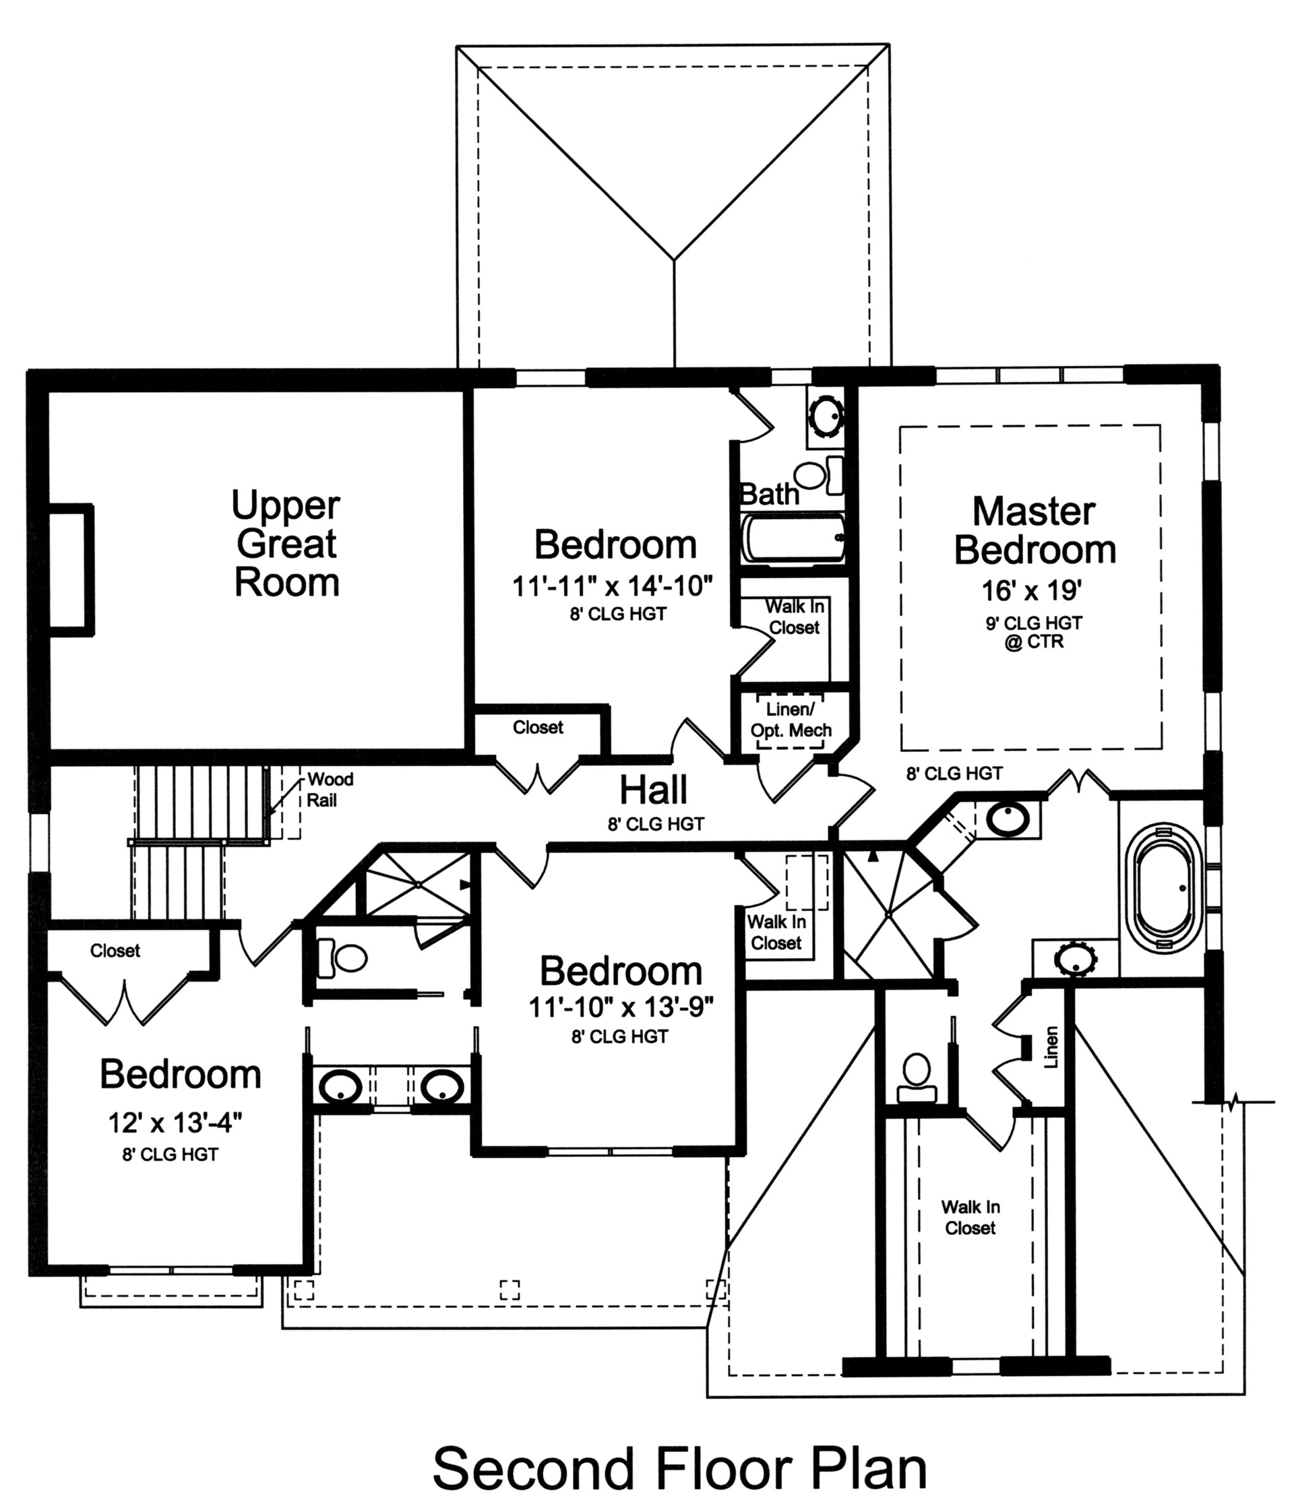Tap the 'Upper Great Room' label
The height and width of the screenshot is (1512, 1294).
[x=286, y=544]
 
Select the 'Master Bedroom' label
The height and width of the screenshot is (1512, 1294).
[x=1035, y=530]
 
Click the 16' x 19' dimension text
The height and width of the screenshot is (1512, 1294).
[x=1030, y=590]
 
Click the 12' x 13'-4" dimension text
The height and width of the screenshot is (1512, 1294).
[x=175, y=1123]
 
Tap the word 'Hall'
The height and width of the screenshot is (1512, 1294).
[x=653, y=790]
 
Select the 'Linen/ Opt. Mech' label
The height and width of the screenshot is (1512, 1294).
[x=791, y=720]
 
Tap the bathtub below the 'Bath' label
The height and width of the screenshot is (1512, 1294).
[x=793, y=538]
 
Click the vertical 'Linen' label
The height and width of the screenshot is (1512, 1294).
[x=1051, y=1048]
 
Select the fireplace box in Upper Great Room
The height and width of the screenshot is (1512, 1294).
[x=71, y=570]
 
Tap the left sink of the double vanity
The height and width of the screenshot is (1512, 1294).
[x=340, y=1085]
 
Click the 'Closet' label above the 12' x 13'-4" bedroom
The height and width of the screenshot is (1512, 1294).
[x=115, y=951]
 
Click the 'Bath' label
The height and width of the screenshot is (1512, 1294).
[x=769, y=495]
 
